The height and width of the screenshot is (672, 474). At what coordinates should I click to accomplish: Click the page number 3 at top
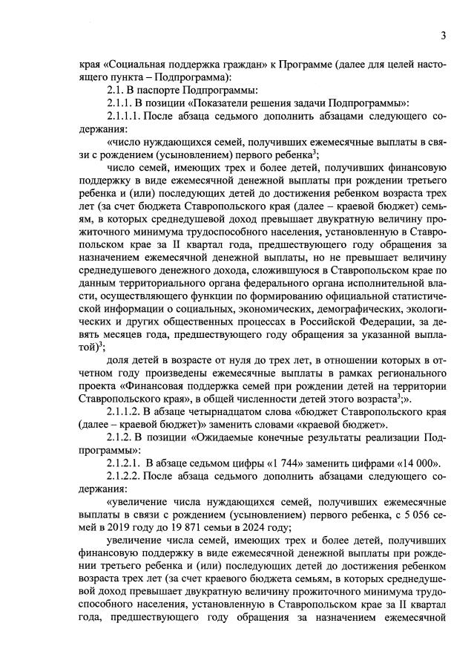pyautogui.click(x=442, y=35)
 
